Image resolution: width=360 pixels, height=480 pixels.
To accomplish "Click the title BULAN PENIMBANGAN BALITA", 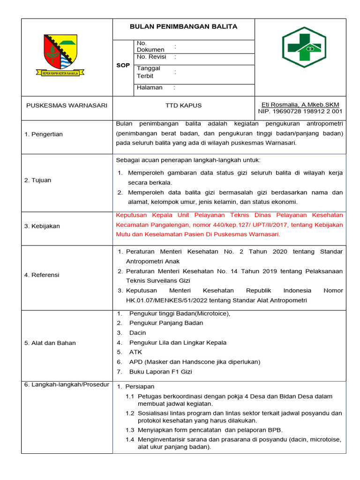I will pos(183,27).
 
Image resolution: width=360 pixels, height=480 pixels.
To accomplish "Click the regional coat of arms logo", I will pos(60,54).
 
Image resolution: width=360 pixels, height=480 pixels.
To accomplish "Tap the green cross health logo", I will pos(300,47).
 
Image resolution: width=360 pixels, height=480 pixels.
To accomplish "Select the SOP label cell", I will pos(123,66).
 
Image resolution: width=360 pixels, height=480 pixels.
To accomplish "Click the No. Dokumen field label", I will pos(150,46).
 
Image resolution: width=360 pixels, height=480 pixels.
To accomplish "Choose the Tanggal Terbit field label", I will pos(149,72).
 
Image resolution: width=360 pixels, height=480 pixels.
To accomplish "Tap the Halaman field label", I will pos(150,88).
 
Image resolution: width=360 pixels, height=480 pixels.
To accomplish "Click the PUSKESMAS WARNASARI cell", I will pos(67,105).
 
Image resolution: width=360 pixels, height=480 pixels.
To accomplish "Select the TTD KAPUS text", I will pos(183,105).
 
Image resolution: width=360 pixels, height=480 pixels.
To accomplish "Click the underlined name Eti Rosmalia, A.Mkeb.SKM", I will pos(300,105).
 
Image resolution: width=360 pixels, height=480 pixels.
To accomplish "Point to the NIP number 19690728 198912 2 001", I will pos(300,112).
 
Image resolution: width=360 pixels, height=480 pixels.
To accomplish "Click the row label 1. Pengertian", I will pos(44,135).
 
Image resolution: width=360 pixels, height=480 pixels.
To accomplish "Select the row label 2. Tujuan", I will pos(38,180).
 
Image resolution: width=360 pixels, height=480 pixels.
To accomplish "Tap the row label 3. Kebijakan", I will pos(42,226).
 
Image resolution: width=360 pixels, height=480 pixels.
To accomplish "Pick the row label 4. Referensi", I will pos(42,275).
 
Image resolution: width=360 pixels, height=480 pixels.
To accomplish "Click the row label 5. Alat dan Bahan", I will pos(50,343).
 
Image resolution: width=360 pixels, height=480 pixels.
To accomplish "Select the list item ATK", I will pos(135,352).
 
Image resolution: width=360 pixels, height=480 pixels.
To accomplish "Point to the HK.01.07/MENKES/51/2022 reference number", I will pos(165,300).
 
